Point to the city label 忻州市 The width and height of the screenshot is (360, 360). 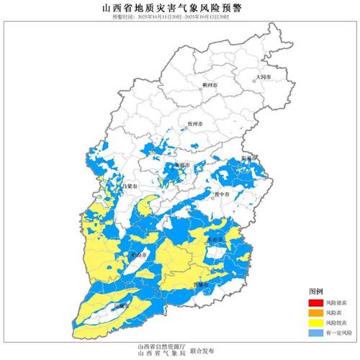pos(196,124)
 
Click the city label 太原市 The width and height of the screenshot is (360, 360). pos(181,165)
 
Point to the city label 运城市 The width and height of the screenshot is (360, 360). pos(120,305)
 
